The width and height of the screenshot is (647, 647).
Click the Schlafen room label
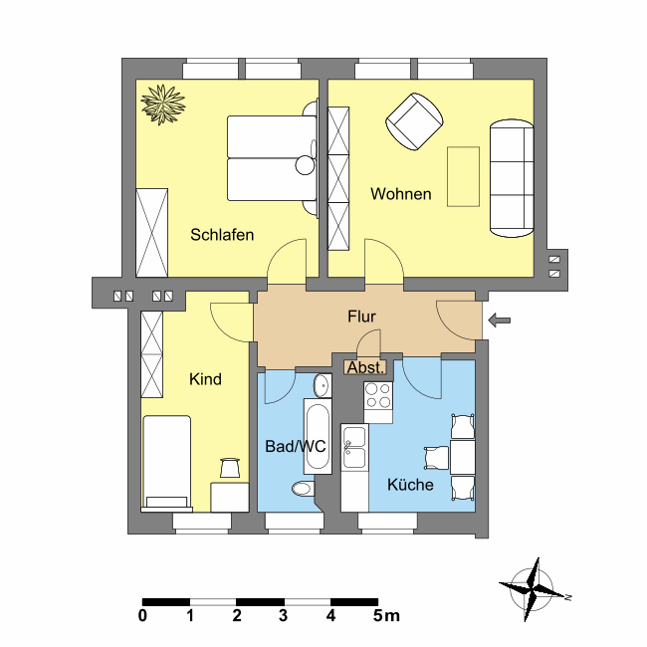click(x=222, y=235)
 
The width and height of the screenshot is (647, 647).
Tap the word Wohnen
click(x=401, y=194)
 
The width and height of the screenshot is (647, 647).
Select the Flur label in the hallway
click(x=361, y=317)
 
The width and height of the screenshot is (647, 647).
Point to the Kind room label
click(x=205, y=379)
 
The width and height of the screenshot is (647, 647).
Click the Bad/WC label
click(x=295, y=447)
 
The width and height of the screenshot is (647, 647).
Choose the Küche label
click(x=410, y=485)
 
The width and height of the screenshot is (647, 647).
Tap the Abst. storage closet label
click(x=365, y=367)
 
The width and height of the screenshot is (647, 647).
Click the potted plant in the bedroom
click(x=163, y=104)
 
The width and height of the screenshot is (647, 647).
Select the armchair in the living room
click(x=414, y=121)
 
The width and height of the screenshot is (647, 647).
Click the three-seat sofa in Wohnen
click(x=512, y=178)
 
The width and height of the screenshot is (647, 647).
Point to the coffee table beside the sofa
click(x=464, y=176)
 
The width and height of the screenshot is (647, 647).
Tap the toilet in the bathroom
click(x=304, y=489)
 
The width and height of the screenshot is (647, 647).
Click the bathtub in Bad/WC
click(x=318, y=436)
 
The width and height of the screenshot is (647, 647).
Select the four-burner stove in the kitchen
click(x=378, y=402)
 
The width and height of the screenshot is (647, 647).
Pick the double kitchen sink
click(x=355, y=447)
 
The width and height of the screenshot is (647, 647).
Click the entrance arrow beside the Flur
click(x=500, y=321)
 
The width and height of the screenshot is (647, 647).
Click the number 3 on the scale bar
click(x=283, y=615)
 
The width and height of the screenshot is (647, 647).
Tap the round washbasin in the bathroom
click(x=322, y=385)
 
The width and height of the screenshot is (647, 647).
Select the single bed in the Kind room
click(x=166, y=464)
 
